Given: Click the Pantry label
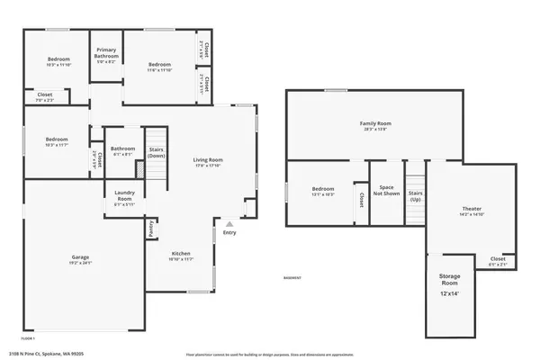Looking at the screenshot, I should (x=149, y=230).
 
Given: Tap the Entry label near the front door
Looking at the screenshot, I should (x=230, y=233).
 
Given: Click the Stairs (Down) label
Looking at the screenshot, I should (x=156, y=152).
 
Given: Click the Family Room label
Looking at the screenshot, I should (x=375, y=122).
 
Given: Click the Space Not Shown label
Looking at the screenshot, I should (x=386, y=191).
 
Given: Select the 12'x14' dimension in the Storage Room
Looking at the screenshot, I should (x=450, y=294).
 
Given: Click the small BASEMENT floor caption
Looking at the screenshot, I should (x=292, y=277).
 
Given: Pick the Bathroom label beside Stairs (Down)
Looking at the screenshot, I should (x=122, y=148).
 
